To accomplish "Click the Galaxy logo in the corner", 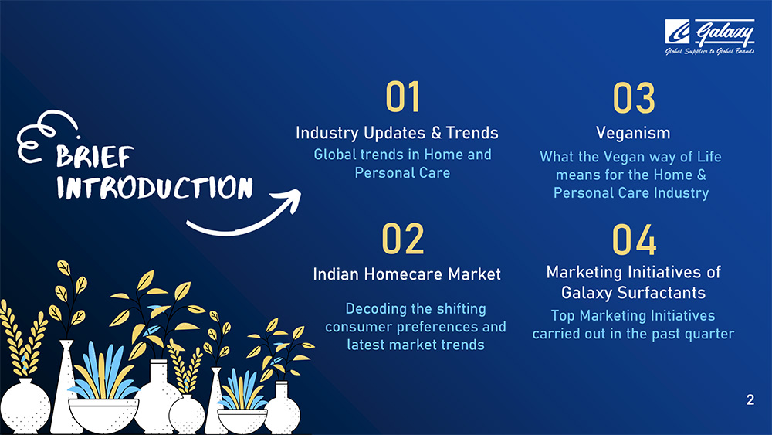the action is coord(709,37).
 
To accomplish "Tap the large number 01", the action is coord(403,97).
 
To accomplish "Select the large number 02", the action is coord(403,239).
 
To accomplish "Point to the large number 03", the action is coord(634,97).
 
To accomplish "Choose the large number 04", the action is coord(634,240).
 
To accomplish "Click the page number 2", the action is coord(750,399).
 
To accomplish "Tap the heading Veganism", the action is coord(633,133).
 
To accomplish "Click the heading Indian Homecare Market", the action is coord(407,274).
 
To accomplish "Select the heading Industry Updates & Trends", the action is coord(397,133).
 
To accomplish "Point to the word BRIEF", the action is coord(94,157).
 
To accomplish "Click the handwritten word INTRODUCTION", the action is coord(154,188).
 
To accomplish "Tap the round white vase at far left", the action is coord(25,405).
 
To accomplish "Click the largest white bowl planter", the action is coord(103,414).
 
